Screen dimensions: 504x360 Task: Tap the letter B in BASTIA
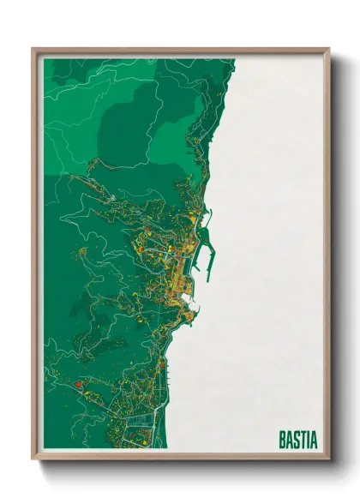(x=283, y=439)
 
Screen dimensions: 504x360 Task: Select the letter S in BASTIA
(x=297, y=439)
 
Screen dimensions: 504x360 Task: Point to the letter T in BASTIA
(x=303, y=439)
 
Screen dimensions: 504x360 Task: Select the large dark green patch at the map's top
(x=137, y=129)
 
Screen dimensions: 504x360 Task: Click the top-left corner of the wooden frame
(x=33, y=50)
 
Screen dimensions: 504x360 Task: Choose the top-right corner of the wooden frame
(x=328, y=50)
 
